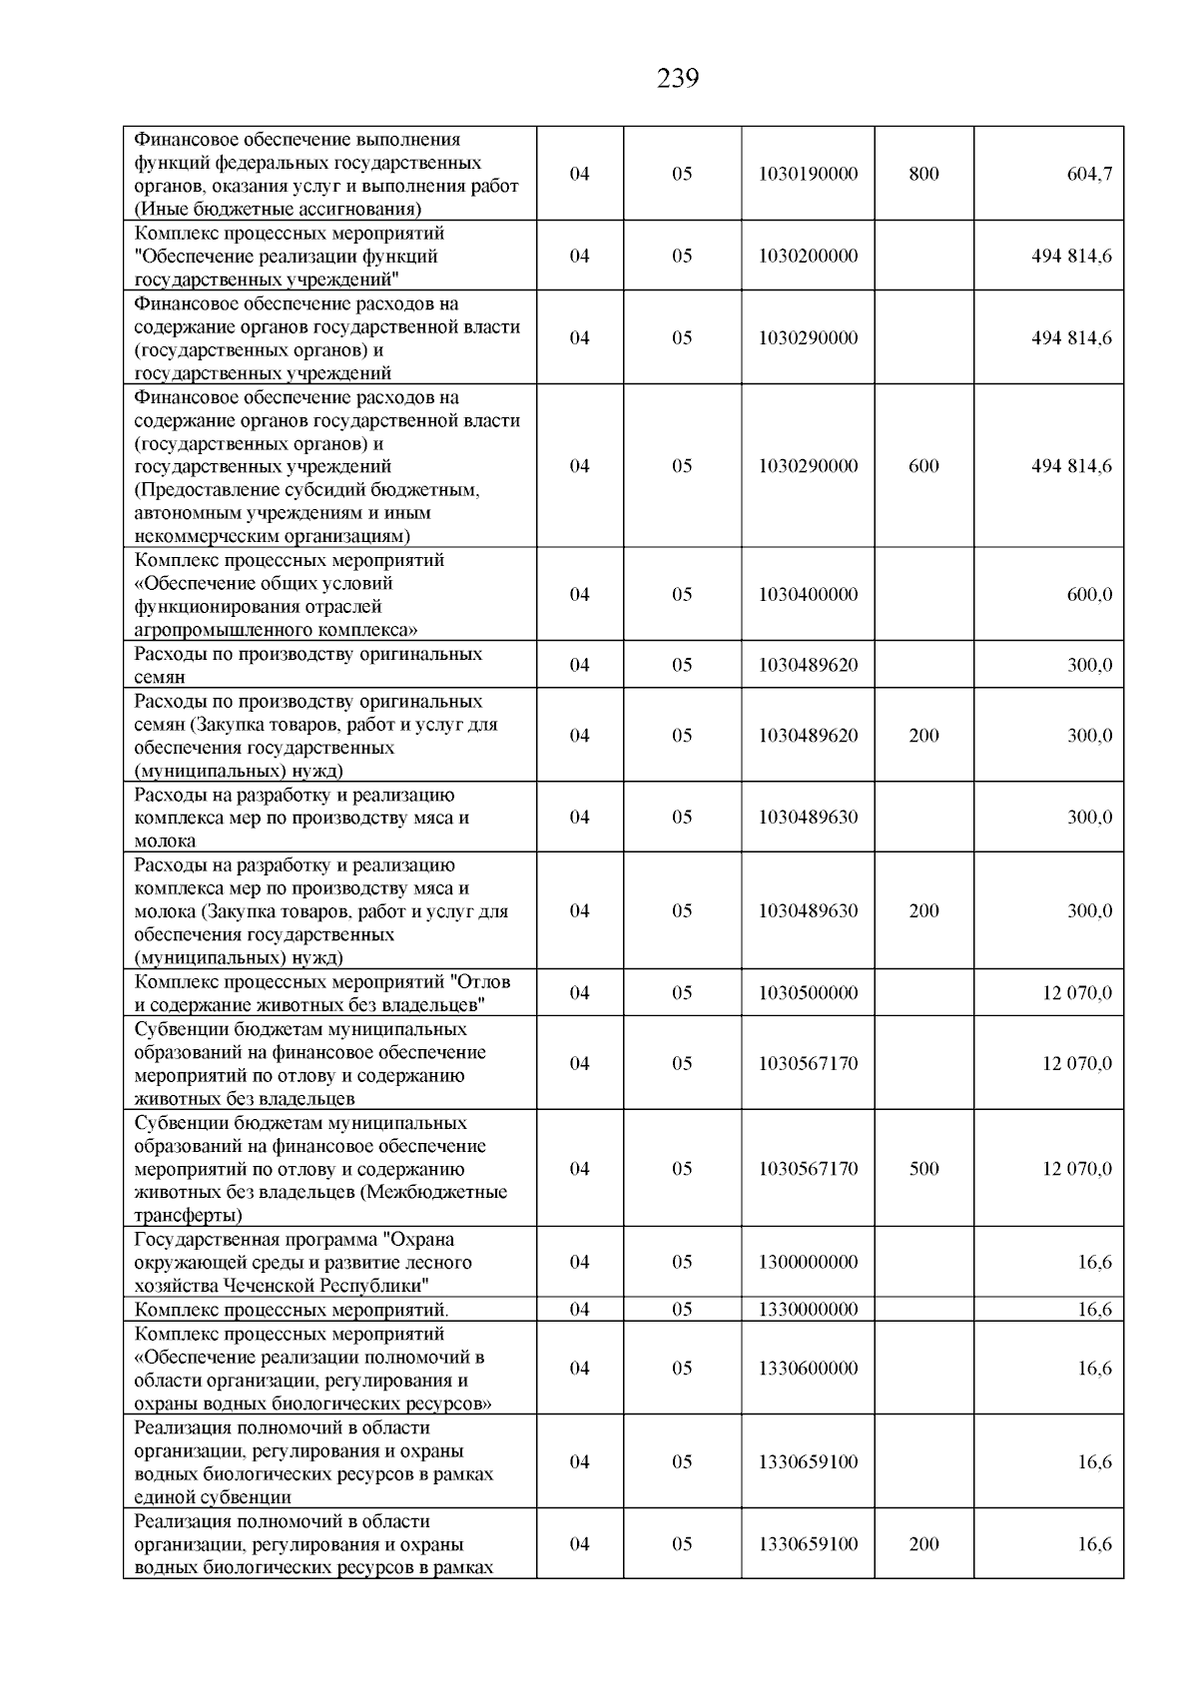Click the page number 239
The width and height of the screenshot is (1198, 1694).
678,78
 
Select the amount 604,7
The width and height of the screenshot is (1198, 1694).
1089,174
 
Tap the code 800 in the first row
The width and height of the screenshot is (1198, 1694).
923,174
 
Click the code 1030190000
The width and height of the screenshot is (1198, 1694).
808,174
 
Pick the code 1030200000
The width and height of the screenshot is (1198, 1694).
808,256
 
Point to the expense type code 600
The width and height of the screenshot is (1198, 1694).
923,466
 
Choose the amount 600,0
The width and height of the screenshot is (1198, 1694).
1089,594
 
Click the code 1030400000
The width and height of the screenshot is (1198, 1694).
808,594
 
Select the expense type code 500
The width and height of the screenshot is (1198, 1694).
923,1169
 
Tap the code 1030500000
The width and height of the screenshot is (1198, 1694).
808,993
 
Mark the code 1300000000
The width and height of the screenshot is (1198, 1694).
808,1263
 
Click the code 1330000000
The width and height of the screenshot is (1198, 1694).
808,1310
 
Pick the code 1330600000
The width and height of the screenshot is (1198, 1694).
808,1369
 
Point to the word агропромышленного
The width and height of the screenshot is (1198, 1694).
218,630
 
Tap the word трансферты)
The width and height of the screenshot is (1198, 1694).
188,1216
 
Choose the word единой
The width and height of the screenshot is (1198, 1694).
161,1497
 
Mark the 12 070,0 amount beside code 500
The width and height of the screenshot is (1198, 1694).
1077,1169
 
